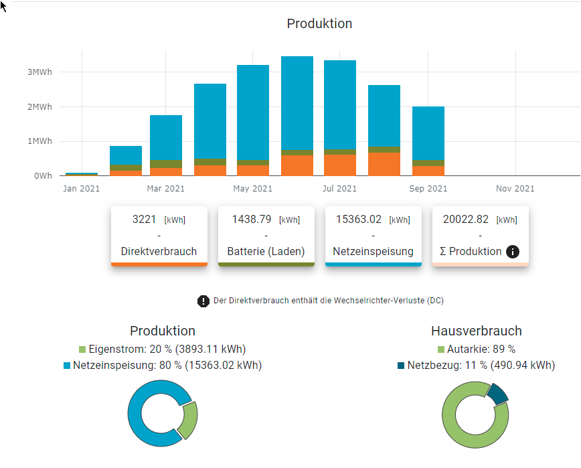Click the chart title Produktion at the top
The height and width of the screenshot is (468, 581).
[319, 23]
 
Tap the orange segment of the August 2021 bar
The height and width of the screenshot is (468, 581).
[384, 164]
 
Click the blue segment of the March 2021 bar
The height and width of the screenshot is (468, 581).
[166, 137]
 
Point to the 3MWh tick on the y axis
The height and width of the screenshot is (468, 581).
[39, 72]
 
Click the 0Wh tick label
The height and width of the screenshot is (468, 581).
[43, 176]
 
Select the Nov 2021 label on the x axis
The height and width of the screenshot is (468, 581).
[515, 189]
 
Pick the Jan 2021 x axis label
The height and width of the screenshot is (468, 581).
[81, 189]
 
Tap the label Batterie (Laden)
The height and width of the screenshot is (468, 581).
[266, 252]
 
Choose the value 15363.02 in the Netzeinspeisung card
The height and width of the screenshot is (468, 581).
[358, 219]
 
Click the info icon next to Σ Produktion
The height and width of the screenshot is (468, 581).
[513, 252]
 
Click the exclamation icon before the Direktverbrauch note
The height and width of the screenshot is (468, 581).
[203, 301]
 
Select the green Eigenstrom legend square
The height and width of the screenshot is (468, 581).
[82, 349]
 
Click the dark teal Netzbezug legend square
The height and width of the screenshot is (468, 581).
[401, 366]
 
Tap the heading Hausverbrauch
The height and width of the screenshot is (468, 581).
[477, 331]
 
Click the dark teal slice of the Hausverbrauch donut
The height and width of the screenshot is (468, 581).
[499, 394]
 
